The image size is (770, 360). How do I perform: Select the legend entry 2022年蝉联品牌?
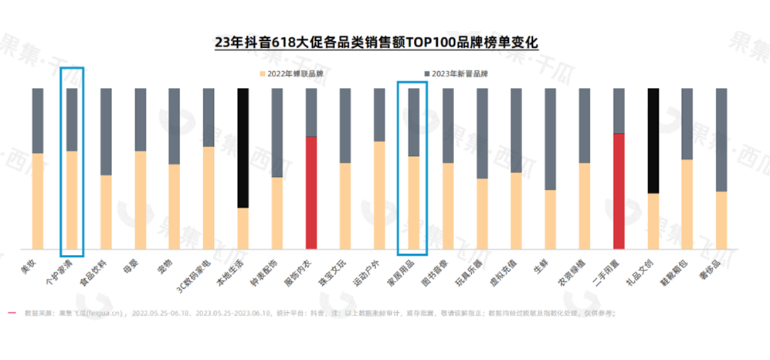click(x=291, y=73)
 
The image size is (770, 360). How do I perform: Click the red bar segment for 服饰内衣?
click(x=310, y=192)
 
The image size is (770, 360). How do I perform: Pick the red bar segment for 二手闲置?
click(x=618, y=191)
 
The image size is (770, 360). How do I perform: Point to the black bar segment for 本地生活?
click(x=243, y=148)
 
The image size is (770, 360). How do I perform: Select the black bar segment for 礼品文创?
click(x=653, y=141)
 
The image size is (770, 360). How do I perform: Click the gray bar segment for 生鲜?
click(x=550, y=139)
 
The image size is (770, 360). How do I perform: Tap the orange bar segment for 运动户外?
click(x=379, y=195)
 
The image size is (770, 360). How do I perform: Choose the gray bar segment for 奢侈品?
click(x=721, y=140)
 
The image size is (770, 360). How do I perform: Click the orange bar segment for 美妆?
click(x=37, y=201)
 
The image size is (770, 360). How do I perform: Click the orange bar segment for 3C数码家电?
click(x=209, y=197)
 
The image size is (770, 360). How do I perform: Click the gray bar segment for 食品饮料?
click(x=106, y=131)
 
